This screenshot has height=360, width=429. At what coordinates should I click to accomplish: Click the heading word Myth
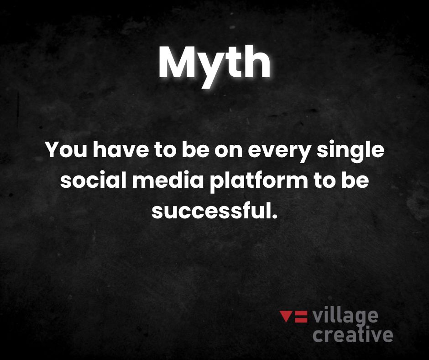coord(214,66)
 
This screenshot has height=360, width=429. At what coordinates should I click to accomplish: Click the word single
coord(350,152)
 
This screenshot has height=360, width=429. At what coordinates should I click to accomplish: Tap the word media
coord(168,180)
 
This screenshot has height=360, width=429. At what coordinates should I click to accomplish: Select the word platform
coord(259,182)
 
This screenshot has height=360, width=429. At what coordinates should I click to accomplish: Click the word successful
coord(210,211)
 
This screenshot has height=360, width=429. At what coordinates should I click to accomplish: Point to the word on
coord(229,152)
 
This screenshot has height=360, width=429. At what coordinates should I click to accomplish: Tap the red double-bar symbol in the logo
coord(301,317)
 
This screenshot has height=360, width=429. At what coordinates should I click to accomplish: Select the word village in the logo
coord(345,317)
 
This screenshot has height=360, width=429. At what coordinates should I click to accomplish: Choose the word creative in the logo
coord(353,334)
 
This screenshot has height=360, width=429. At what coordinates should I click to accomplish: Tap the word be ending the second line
coord(355,180)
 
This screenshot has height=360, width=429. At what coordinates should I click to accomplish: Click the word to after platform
coord(324,181)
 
